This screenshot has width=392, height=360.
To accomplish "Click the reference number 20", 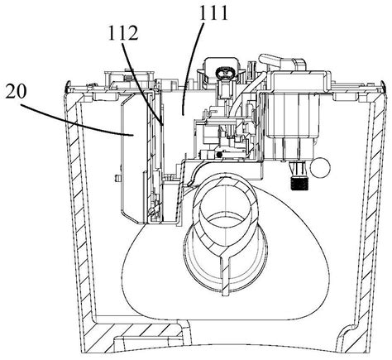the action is [x=16, y=91].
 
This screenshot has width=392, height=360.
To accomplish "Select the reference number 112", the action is [x=123, y=33].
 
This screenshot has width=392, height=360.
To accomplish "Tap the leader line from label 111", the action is [x=194, y=68].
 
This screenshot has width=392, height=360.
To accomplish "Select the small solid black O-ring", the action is [x=219, y=155].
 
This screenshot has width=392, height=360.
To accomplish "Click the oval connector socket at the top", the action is [x=226, y=73].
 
